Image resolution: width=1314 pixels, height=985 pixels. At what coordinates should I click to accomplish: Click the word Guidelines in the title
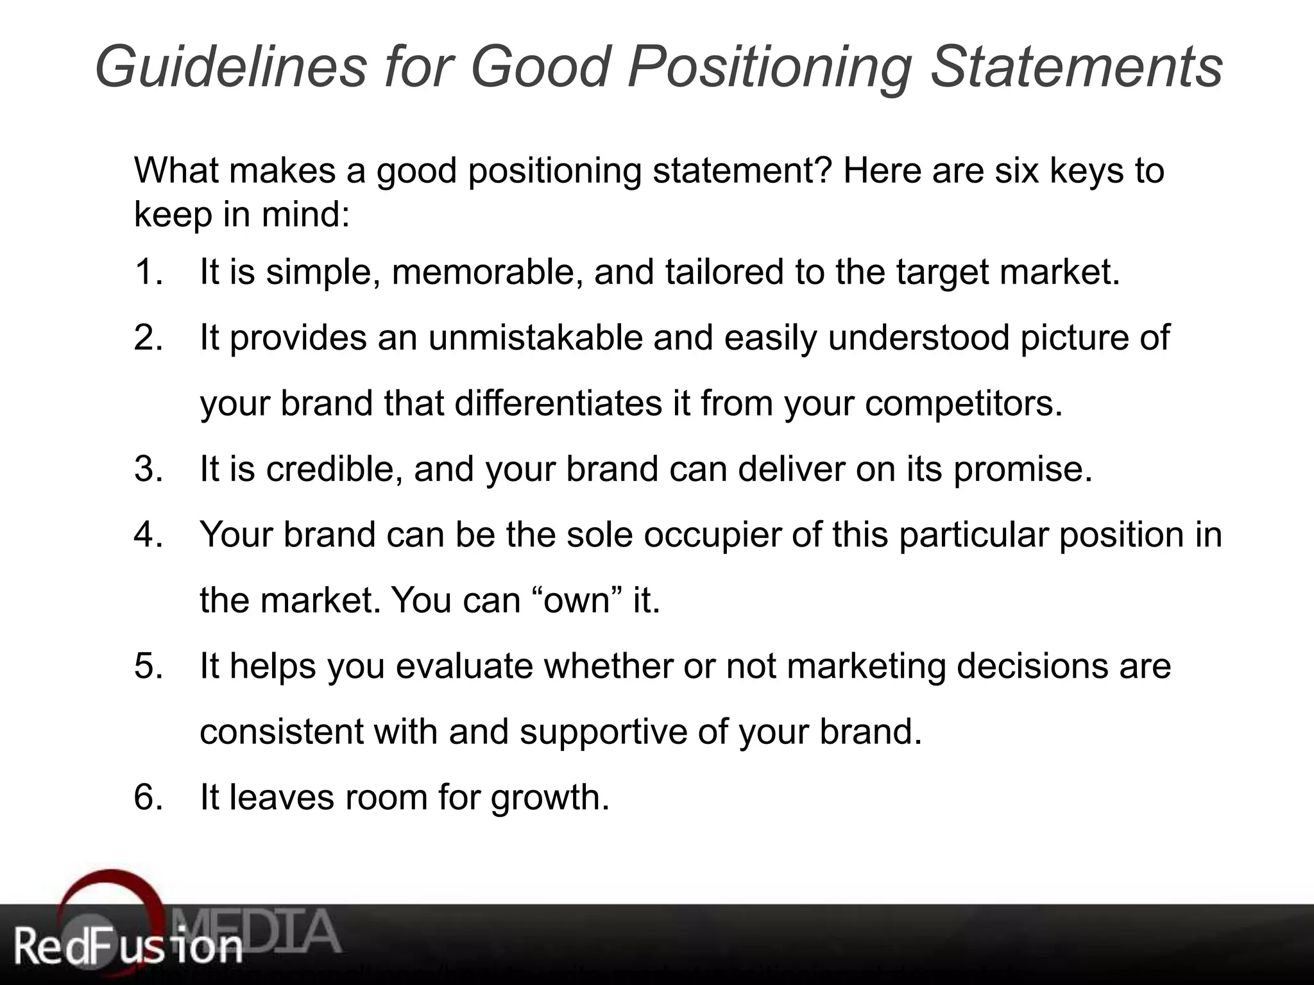pyautogui.click(x=230, y=67)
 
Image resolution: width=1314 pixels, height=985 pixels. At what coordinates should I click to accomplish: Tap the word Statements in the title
pyautogui.click(x=1076, y=67)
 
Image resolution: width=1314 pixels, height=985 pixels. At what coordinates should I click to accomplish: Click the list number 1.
pyautogui.click(x=148, y=272)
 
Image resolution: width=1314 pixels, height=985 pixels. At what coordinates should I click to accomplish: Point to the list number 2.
pyautogui.click(x=148, y=338)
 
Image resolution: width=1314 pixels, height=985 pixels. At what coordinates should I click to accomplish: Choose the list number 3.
pyautogui.click(x=148, y=469)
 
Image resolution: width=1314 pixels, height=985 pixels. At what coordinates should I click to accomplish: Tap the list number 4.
pyautogui.click(x=148, y=535)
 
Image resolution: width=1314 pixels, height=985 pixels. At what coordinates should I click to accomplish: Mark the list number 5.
pyautogui.click(x=148, y=666)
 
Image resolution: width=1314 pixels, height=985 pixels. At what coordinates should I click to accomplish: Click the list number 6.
pyautogui.click(x=148, y=797)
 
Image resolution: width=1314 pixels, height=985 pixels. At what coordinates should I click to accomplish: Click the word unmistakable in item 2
pyautogui.click(x=535, y=338)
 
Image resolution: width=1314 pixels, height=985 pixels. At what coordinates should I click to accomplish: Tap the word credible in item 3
pyautogui.click(x=334, y=469)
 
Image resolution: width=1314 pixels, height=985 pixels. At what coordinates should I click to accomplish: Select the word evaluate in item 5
pyautogui.click(x=464, y=666)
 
